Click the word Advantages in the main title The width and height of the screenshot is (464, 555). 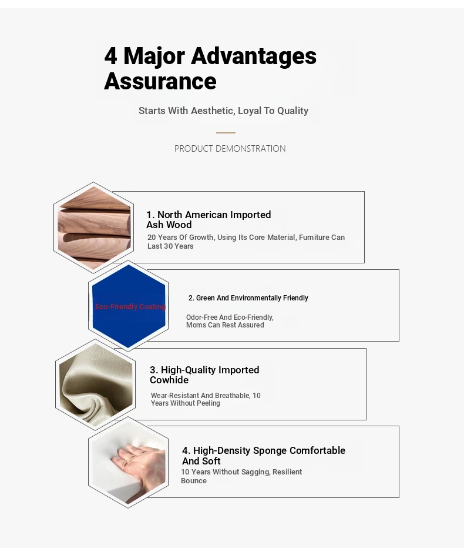pos(254,56)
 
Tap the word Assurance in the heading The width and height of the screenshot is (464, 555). pos(160,81)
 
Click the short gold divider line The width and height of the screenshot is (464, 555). pos(226,133)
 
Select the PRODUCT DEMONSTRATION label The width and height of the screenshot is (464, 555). pos(230,149)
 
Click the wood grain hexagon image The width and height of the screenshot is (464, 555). pos(94,228)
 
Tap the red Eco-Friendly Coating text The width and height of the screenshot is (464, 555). pos(130,306)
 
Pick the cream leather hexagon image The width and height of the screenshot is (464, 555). pos(96,385)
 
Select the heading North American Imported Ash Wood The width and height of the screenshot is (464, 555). pos(209,219)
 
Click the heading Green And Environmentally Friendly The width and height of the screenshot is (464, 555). pos(248,298)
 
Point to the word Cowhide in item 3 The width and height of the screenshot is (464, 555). pos(169,380)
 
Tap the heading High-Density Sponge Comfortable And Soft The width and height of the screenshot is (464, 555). pos(264,456)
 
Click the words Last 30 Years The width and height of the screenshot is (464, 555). pos(170,246)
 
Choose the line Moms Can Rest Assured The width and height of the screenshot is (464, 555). pos(225,325)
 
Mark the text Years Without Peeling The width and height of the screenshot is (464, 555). pos(186,403)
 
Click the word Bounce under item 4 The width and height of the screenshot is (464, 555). pos(194,481)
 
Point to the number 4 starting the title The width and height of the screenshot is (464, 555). pos(110,56)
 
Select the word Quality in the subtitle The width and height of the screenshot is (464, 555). pos(293,111)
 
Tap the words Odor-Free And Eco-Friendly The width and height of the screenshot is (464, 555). pos(230,317)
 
